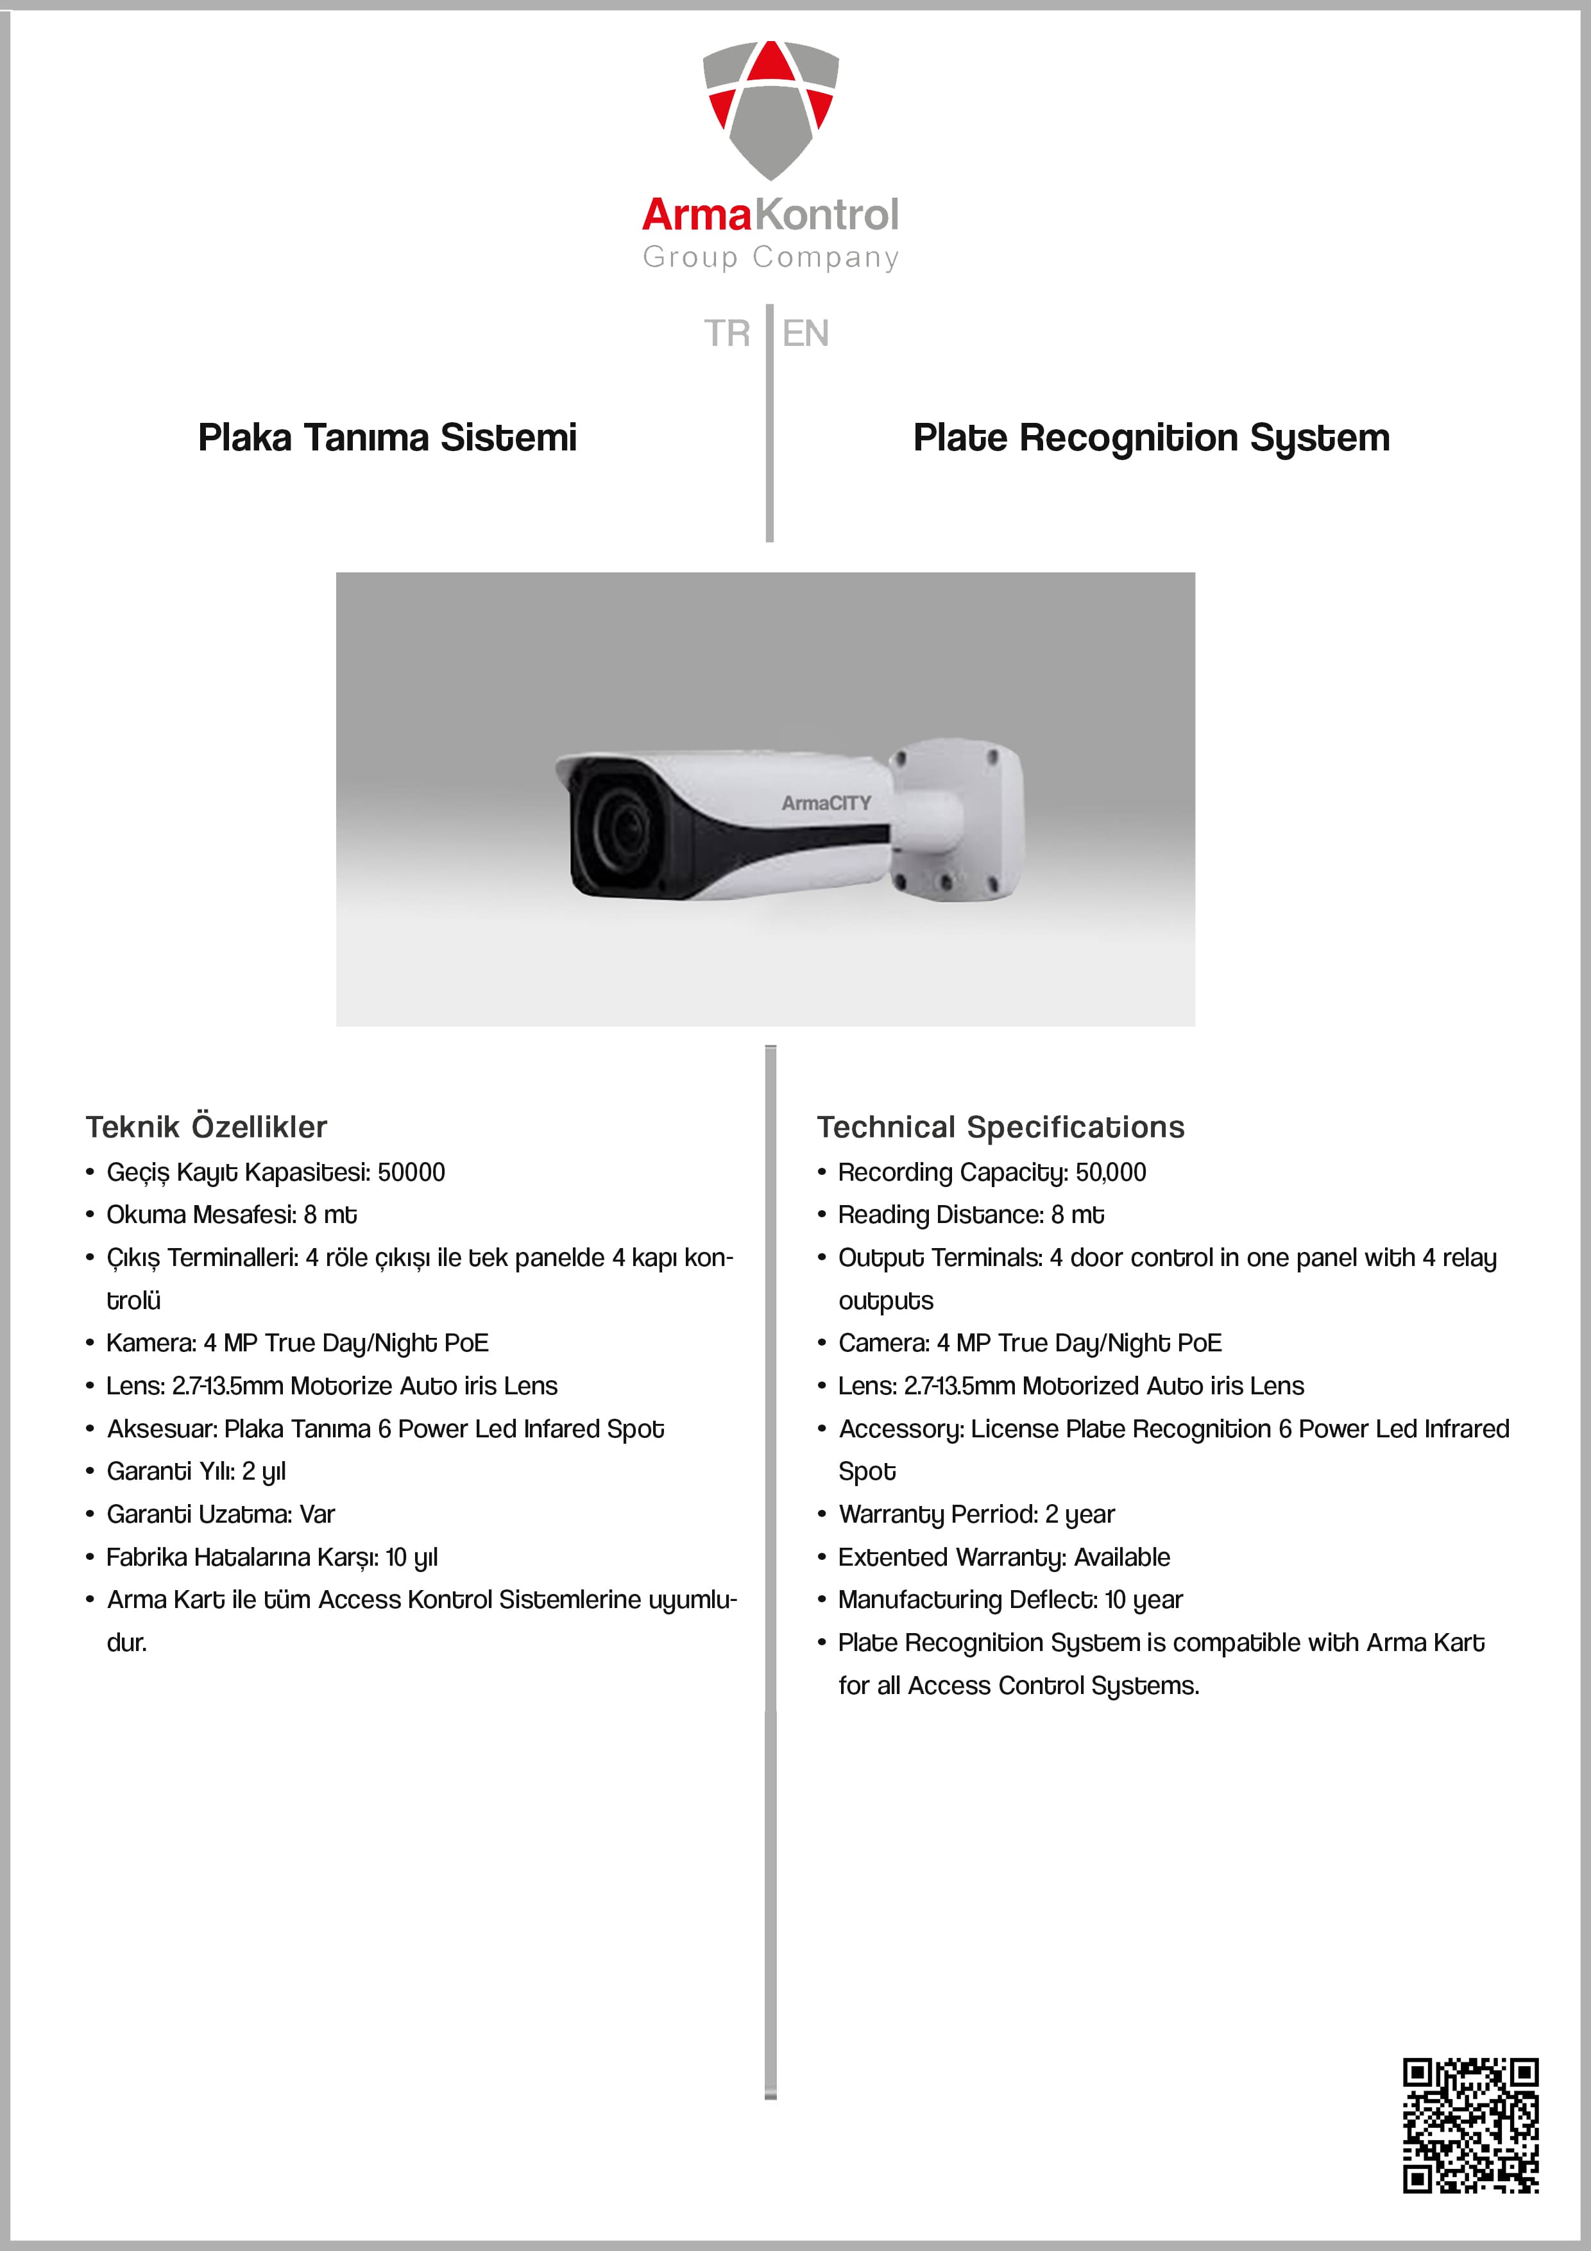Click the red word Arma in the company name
tap(696, 215)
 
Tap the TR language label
tap(726, 333)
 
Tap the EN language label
tap(805, 333)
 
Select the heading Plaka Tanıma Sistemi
tap(387, 437)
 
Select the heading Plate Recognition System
tap(1151, 437)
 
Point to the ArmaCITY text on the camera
tap(826, 803)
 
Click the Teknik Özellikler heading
tap(206, 1127)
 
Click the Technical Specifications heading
tap(1000, 1127)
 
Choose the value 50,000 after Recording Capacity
tap(1110, 1172)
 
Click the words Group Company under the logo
tap(770, 257)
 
